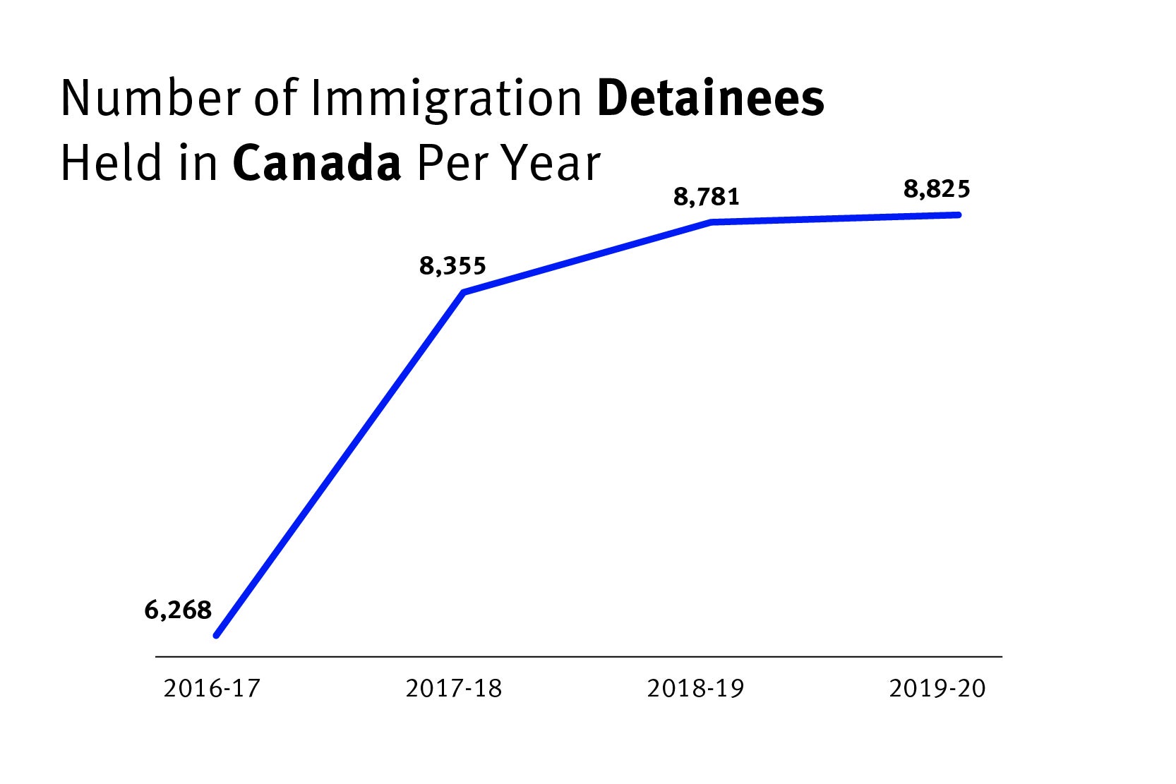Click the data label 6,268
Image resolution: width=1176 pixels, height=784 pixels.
178,610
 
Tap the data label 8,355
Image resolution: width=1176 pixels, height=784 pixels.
452,267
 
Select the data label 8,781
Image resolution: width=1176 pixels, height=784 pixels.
706,198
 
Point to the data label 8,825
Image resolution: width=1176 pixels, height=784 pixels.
937,190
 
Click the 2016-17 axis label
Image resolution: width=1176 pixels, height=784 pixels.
212,688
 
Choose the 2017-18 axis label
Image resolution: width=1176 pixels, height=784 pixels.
453,688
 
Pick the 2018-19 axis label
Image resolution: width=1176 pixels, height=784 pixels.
695,688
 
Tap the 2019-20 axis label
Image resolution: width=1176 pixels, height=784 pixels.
937,688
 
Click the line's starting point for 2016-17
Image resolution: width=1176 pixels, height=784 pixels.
217,635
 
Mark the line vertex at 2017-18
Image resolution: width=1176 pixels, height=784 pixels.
464,292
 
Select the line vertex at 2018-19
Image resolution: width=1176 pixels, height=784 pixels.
712,222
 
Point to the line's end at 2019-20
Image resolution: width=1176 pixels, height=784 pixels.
958,215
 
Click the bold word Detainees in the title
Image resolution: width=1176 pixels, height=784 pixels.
710,99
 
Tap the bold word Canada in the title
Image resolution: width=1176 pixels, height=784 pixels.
317,164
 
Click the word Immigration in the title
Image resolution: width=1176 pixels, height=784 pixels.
446,100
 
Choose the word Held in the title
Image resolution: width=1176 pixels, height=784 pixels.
107,164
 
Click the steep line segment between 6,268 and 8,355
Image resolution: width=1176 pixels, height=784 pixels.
340,464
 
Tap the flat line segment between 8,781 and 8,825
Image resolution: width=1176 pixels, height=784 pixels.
835,218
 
